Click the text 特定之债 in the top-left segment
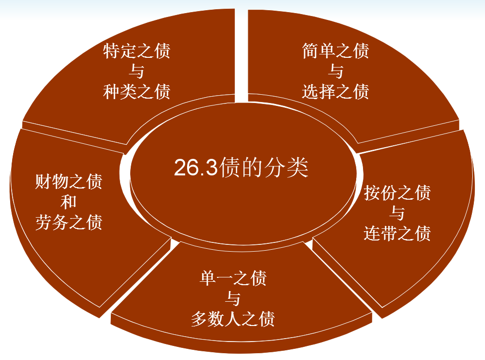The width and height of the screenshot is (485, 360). click(137, 51)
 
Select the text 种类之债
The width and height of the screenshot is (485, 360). click(137, 91)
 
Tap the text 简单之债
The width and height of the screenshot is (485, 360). click(335, 51)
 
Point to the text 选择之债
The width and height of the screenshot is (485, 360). click(335, 91)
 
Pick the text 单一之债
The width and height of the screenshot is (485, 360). click(233, 279)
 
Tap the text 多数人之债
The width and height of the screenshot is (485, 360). click(233, 319)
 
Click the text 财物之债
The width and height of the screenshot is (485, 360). click(69, 183)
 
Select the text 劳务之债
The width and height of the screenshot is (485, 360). click(69, 223)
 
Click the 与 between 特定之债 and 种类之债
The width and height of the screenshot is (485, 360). click(137, 71)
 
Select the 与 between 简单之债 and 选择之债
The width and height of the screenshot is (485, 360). click(335, 71)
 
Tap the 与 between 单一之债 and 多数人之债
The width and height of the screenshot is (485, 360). click(233, 299)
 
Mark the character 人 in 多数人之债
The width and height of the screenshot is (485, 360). click(233, 319)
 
